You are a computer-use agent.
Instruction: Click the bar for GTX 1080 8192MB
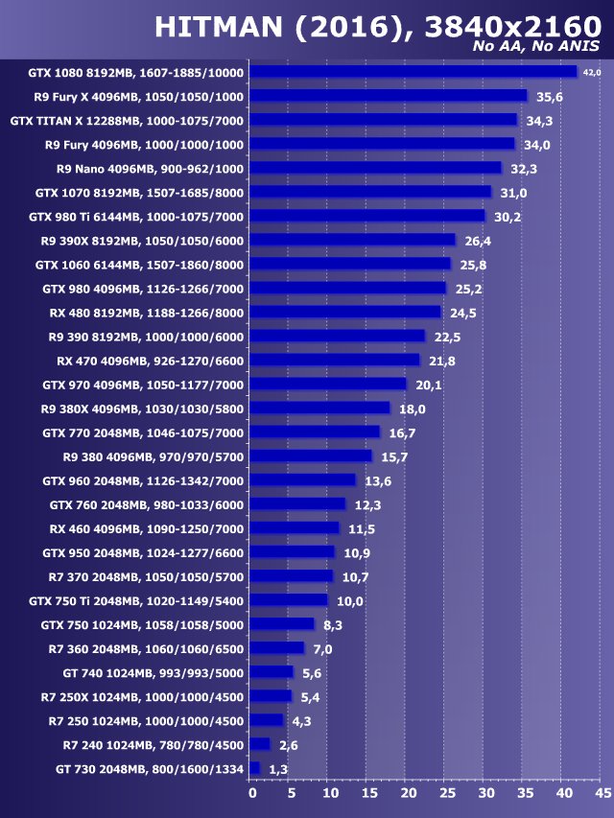413,72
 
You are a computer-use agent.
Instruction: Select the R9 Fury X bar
389,96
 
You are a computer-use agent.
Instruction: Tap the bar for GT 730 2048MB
254,768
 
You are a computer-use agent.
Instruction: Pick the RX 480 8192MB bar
345,312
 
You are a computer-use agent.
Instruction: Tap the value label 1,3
278,769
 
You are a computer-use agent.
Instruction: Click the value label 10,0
349,601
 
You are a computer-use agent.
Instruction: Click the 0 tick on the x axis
252,794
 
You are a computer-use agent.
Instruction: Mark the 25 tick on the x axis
447,794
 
